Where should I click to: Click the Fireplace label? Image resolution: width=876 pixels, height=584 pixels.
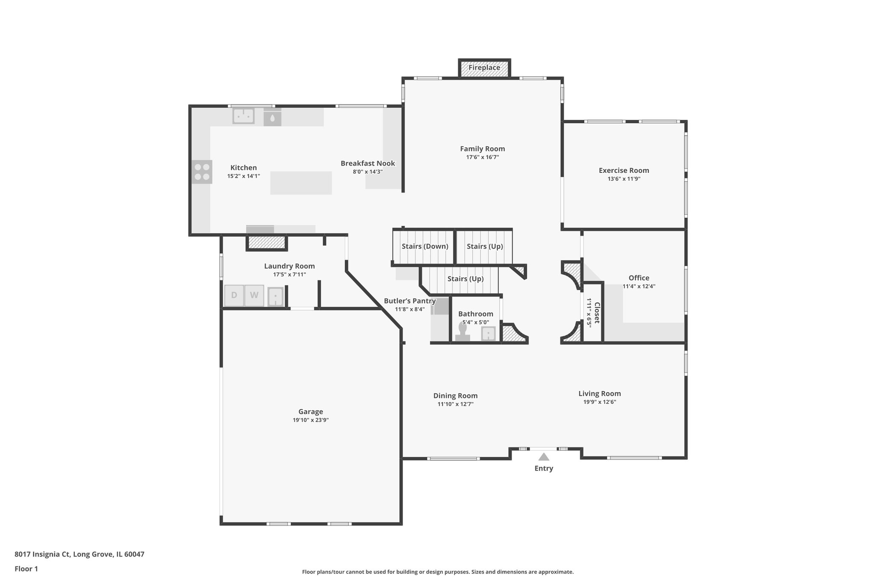[484, 68]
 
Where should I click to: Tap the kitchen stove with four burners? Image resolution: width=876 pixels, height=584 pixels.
[201, 172]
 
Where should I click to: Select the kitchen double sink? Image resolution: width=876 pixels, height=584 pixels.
[243, 116]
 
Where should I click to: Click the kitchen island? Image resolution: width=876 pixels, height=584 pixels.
[301, 183]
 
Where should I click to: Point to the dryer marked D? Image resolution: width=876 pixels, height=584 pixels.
[234, 295]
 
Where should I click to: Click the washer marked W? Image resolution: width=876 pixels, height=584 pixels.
[254, 295]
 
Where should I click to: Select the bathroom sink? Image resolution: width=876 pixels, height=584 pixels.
[488, 333]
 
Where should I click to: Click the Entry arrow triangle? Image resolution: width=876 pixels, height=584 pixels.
[544, 457]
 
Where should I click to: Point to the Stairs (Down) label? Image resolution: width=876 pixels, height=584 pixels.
[425, 246]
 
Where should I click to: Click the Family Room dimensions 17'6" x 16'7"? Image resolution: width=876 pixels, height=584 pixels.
[482, 157]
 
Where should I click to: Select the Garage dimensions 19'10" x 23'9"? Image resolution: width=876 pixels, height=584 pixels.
[311, 420]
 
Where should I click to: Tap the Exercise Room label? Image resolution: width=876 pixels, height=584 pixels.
[624, 170]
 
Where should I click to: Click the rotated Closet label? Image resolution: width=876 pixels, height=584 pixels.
[597, 313]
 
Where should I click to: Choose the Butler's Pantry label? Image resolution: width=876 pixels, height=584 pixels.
[409, 301]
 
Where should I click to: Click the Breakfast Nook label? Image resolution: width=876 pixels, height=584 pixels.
[367, 163]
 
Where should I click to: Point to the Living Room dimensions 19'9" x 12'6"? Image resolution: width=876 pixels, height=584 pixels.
[599, 402]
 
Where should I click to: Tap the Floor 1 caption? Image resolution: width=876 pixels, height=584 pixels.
[26, 569]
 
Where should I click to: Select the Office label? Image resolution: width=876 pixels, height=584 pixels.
[639, 278]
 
